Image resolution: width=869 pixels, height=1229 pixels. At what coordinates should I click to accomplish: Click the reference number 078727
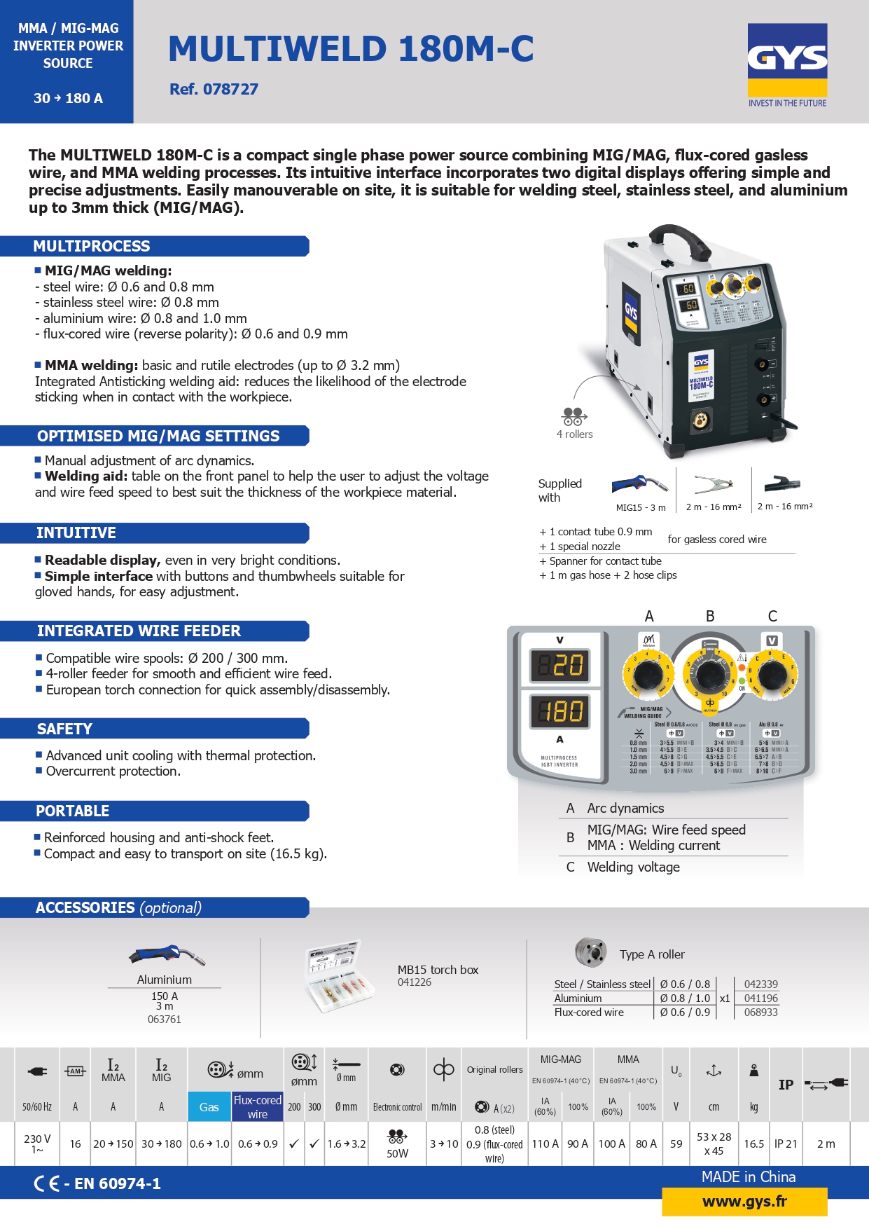point(214,89)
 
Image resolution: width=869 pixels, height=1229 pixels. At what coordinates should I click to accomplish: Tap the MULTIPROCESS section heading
point(92,246)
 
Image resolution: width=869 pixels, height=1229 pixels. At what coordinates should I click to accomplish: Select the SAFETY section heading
point(64,729)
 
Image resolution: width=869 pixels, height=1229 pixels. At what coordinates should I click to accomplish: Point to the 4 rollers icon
point(573,416)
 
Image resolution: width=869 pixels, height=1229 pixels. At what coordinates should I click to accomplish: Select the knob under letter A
point(648,675)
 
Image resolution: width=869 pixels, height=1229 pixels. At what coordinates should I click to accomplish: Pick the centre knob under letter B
point(710,675)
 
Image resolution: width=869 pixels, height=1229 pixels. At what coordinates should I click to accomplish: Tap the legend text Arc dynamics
point(625,808)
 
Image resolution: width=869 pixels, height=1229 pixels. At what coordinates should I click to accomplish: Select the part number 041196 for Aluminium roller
point(760,998)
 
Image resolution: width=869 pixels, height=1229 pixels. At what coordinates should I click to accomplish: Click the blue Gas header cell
point(209,1107)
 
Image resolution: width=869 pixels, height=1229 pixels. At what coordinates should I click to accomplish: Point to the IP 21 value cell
point(786,1144)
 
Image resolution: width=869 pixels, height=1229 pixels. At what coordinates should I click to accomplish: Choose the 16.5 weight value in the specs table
point(753,1144)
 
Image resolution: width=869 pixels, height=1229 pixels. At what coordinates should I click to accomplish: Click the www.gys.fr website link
point(744,1202)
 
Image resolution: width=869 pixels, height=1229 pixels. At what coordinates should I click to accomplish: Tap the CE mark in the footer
point(46,1183)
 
